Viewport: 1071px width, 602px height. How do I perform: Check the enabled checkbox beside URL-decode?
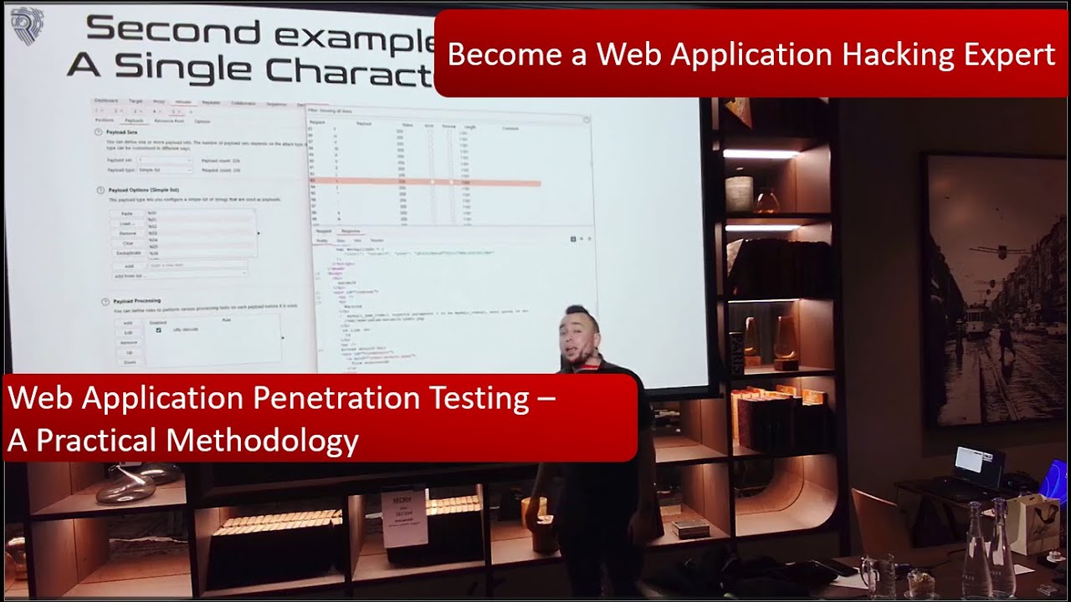coord(158,330)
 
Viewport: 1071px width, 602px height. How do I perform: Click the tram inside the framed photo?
coord(976,320)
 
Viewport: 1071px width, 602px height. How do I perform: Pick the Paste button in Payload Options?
coord(127,214)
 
